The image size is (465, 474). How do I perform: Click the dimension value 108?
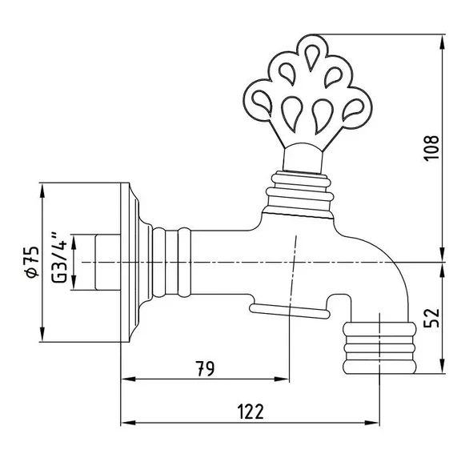point(431,148)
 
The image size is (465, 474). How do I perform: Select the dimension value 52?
point(431,317)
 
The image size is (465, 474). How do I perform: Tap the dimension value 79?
point(206,368)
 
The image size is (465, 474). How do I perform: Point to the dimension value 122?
point(251,412)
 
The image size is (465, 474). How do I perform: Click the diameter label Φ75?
point(32,262)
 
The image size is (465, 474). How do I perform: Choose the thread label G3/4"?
point(59,257)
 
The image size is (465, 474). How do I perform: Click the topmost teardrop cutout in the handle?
point(311,57)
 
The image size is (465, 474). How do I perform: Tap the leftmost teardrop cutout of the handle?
point(263,102)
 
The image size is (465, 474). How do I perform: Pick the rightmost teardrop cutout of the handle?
point(353,109)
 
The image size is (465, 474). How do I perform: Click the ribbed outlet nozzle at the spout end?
point(379,347)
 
